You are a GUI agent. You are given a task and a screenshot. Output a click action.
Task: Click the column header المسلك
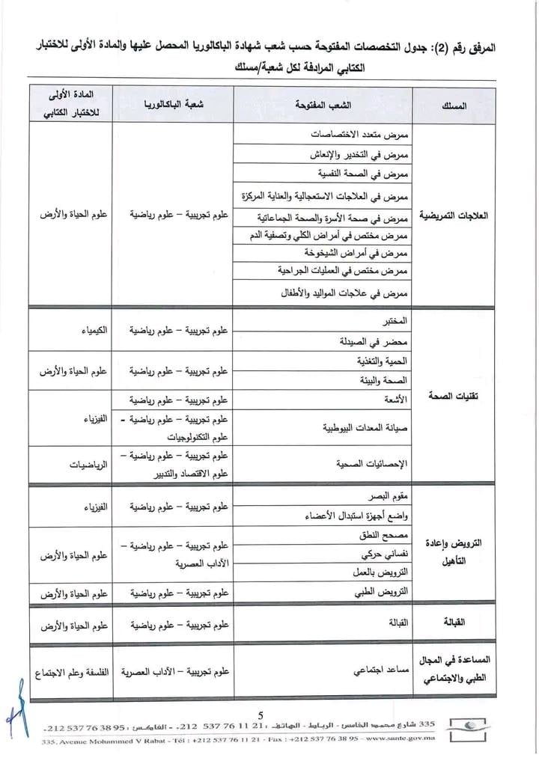[x=455, y=106]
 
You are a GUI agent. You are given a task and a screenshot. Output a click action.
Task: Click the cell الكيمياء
[x=93, y=330]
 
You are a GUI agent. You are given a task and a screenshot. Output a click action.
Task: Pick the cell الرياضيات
[x=88, y=464]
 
